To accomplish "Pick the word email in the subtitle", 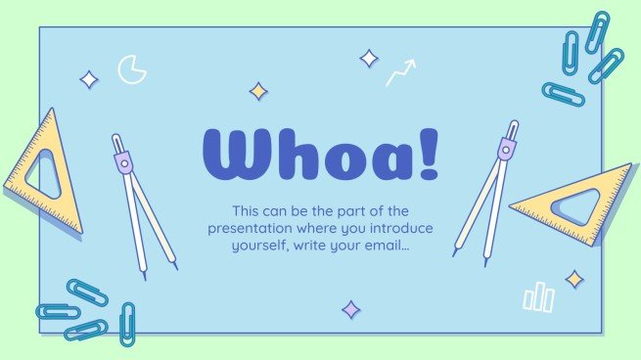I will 387,246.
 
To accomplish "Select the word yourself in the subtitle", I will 259,246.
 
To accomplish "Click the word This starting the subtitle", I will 249,210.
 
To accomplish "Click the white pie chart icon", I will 131,68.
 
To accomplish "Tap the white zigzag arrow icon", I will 399,72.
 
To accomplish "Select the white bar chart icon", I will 538,296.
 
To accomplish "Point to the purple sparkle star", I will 350,310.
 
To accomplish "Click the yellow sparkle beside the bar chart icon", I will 573,279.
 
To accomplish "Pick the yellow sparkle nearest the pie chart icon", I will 258,91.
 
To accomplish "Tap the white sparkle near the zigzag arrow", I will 368,59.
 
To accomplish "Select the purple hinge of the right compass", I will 506,150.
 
